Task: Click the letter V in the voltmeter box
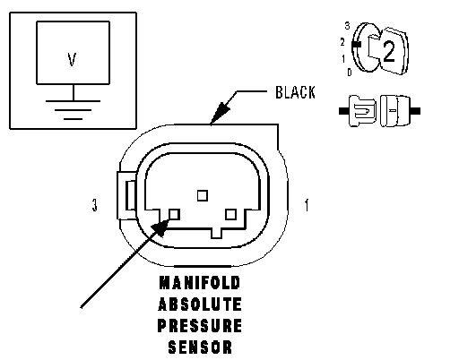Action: coord(72,59)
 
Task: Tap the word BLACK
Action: coord(295,92)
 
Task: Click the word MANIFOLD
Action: coord(200,283)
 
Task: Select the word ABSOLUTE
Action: coord(200,304)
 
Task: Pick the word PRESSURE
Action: coord(200,326)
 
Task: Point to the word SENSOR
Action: coord(200,347)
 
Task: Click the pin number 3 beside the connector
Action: coord(94,205)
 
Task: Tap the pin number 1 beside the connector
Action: coord(307,205)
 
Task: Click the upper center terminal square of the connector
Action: coord(203,196)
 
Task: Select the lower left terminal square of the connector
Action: coord(174,214)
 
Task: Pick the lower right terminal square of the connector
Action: coord(230,214)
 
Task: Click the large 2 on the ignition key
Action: coord(388,51)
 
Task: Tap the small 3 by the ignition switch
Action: coord(347,26)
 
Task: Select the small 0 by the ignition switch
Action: coord(350,73)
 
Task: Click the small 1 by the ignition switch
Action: coord(343,59)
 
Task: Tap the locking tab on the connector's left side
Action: coord(127,195)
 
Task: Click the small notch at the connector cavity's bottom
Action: coord(217,234)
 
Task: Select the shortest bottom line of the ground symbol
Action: coord(73,119)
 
